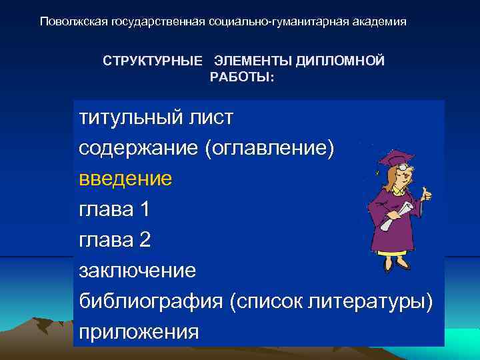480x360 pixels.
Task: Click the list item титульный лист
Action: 156,118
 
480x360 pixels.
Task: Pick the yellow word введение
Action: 125,179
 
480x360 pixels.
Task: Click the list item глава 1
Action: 114,209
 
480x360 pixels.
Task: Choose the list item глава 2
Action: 114,240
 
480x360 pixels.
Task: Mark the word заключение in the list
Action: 137,271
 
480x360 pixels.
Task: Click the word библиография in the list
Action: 151,301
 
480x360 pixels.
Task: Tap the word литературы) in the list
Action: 371,301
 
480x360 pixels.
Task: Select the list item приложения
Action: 139,331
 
